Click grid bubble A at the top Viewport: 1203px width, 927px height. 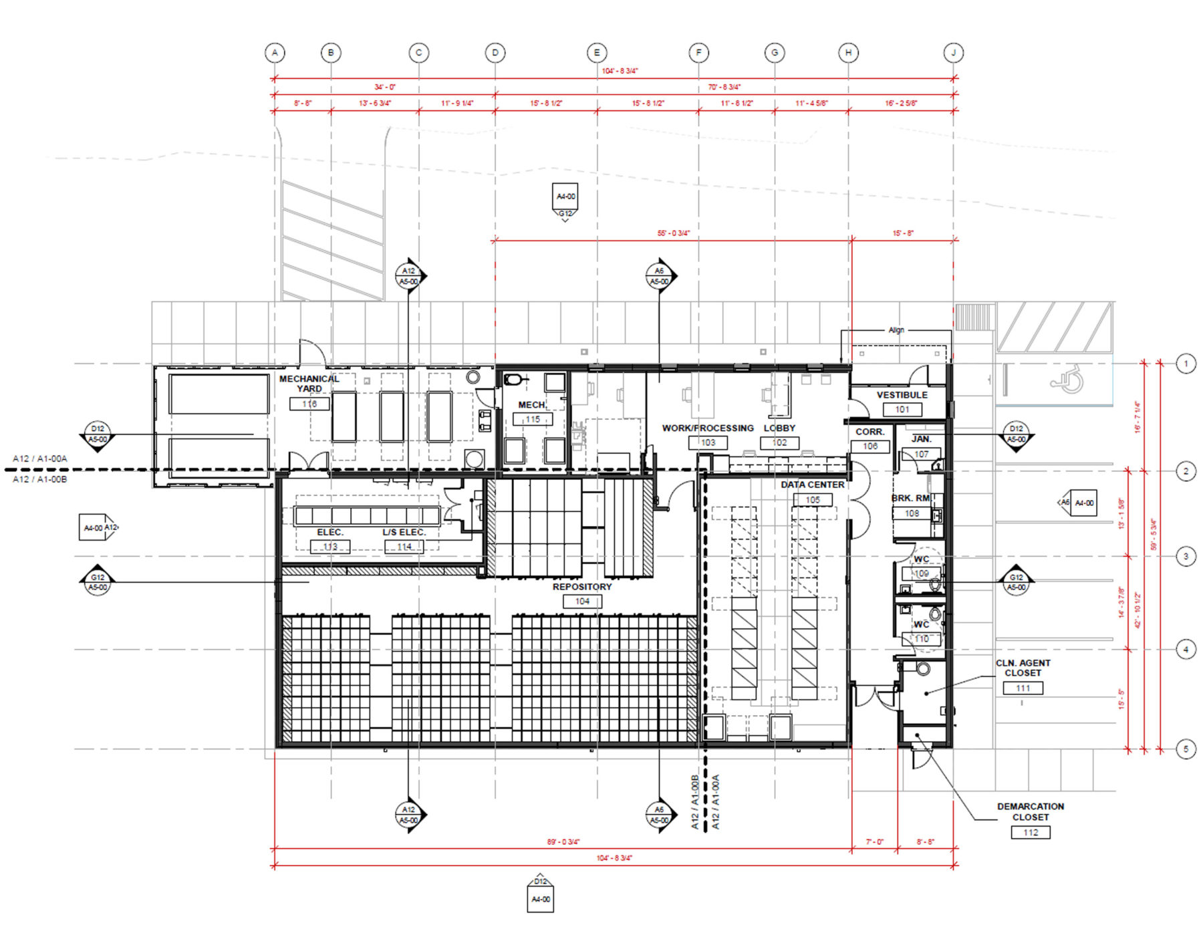(275, 53)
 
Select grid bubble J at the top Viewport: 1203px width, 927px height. (953, 53)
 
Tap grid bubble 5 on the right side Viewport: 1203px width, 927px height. (1186, 749)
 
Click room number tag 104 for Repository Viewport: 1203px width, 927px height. (582, 601)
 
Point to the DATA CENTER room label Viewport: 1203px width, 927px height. (812, 485)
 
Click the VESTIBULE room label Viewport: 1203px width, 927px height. (902, 395)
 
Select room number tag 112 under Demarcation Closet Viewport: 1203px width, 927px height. (1030, 832)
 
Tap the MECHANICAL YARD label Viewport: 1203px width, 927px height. (309, 383)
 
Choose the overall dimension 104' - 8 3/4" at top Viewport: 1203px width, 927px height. (620, 71)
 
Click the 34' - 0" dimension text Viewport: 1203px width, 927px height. (384, 87)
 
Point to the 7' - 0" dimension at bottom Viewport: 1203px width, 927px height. (874, 841)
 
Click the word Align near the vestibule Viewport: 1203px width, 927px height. (896, 330)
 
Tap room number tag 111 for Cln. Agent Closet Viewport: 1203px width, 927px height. (1023, 688)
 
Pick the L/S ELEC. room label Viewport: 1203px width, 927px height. (404, 532)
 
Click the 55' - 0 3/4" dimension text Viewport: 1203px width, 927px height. (673, 233)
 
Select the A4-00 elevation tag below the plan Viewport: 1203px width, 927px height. (540, 899)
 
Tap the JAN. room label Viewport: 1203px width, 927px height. (921, 439)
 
